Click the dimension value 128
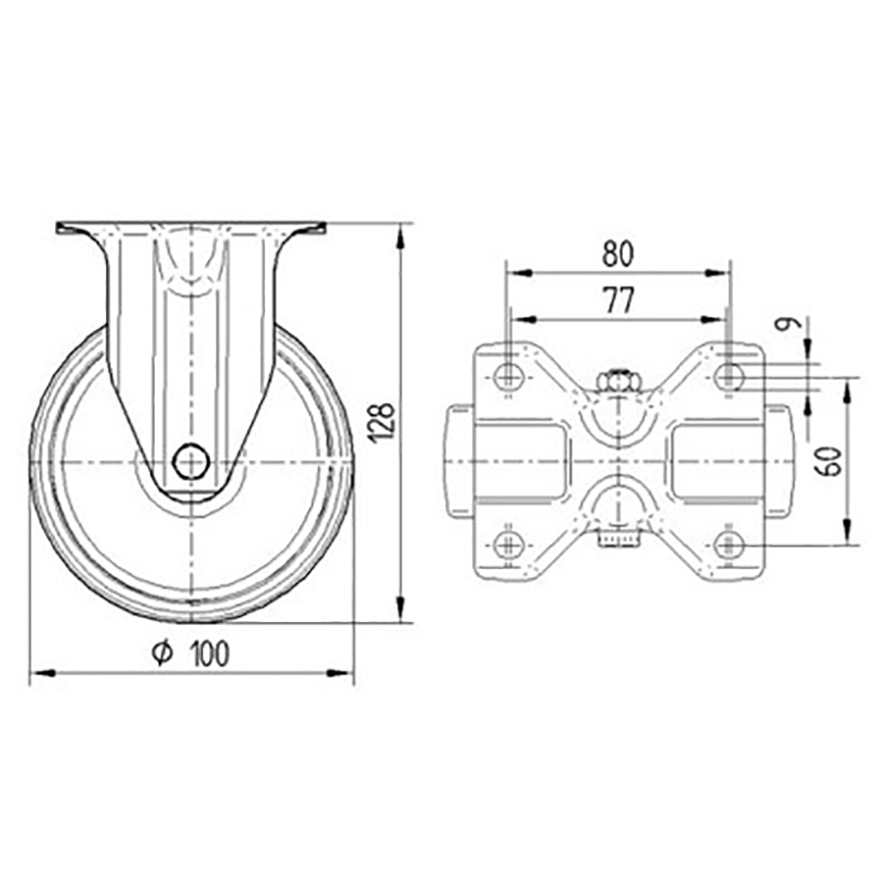pos(386,420)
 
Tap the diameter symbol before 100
pos(164,652)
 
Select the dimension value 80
pos(618,254)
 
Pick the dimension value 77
pos(618,301)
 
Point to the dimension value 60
pos(830,460)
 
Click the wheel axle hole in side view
pos(190,460)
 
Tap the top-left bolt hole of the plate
pos(507,375)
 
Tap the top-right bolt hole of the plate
pos(727,375)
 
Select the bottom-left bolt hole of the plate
pos(507,545)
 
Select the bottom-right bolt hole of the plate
pos(727,545)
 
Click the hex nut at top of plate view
pos(617,380)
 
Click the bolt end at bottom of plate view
pos(617,539)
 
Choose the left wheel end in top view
pos(461,460)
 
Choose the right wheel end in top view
pos(776,460)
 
